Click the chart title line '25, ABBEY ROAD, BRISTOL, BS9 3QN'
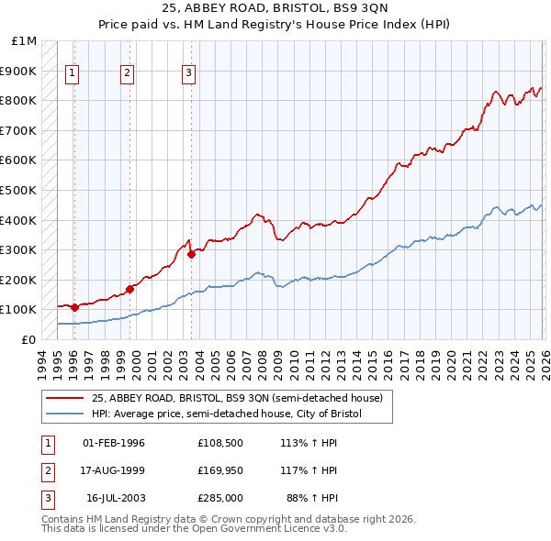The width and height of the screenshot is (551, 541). tap(275, 9)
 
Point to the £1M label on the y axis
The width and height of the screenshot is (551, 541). tap(25, 41)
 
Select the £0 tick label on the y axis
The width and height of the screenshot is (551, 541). tap(28, 339)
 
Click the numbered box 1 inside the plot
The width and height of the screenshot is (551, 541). tap(73, 75)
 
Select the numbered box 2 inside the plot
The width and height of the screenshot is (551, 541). tap(128, 75)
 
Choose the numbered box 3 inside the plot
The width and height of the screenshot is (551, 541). tap(188, 75)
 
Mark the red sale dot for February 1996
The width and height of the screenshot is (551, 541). tap(74, 307)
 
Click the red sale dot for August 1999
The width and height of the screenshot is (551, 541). tap(129, 289)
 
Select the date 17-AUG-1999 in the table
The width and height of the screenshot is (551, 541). tap(114, 470)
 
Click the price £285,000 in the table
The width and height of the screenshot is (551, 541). tap(219, 498)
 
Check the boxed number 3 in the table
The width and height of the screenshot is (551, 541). tap(46, 498)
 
